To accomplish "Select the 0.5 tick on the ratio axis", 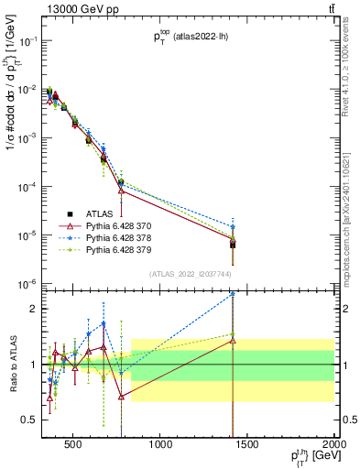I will [x=31, y=420].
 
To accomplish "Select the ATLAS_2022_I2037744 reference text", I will [x=189, y=274].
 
